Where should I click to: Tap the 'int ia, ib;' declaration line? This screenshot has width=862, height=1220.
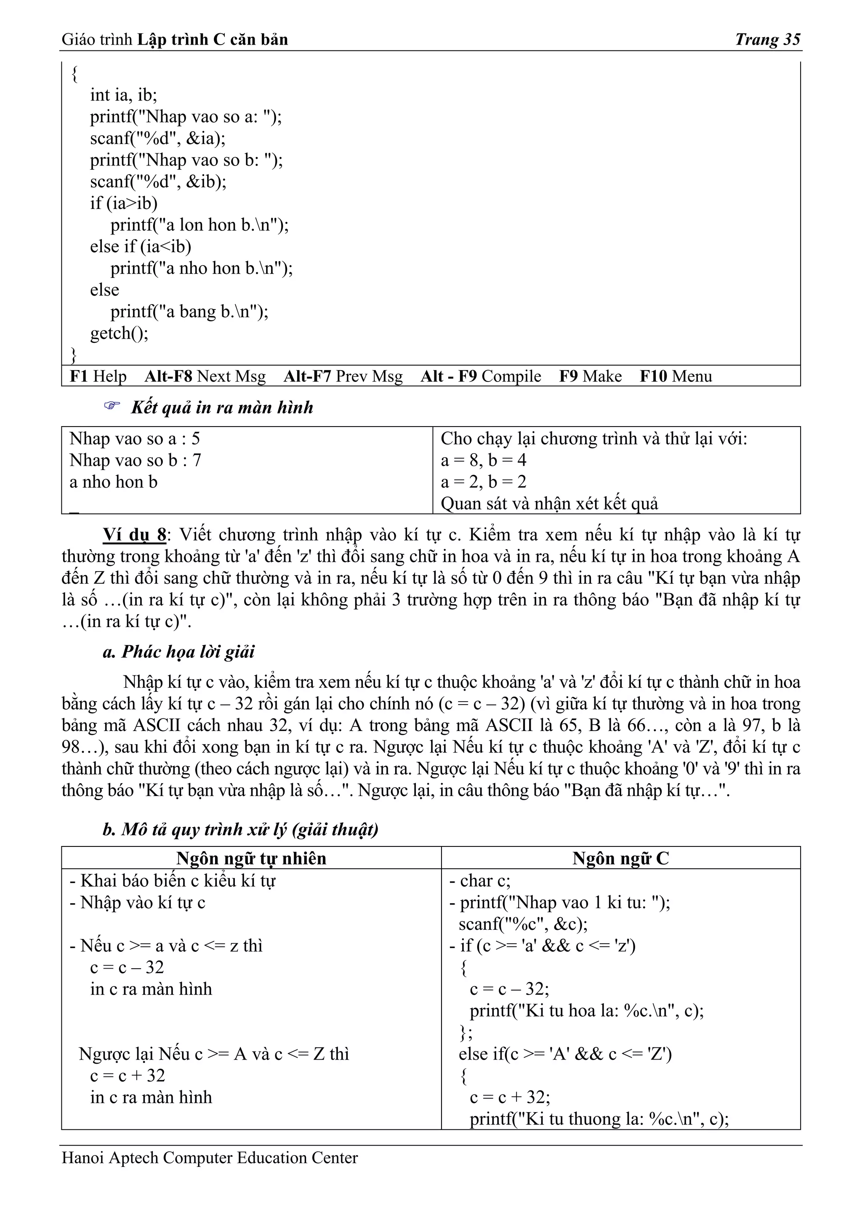tap(123, 95)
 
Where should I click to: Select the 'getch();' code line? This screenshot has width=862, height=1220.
tap(119, 333)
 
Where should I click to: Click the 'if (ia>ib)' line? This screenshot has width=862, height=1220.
tap(123, 203)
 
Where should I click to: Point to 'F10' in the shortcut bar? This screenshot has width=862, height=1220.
tap(653, 376)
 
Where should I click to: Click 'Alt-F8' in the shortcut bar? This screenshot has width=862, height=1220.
tap(168, 376)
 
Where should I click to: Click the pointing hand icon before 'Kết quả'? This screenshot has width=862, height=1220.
tap(112, 406)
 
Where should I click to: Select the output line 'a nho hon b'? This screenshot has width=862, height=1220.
tap(113, 482)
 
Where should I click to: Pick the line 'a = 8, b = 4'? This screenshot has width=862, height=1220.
tap(483, 460)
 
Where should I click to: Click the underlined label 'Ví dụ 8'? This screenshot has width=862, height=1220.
tap(134, 534)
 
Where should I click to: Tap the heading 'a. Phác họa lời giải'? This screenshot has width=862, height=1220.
tap(178, 651)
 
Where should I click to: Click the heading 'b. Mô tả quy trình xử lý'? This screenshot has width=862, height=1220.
tap(240, 830)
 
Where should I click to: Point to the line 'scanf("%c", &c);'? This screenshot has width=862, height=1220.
tap(523, 924)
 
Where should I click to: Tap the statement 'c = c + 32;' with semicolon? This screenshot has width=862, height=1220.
tap(509, 1097)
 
